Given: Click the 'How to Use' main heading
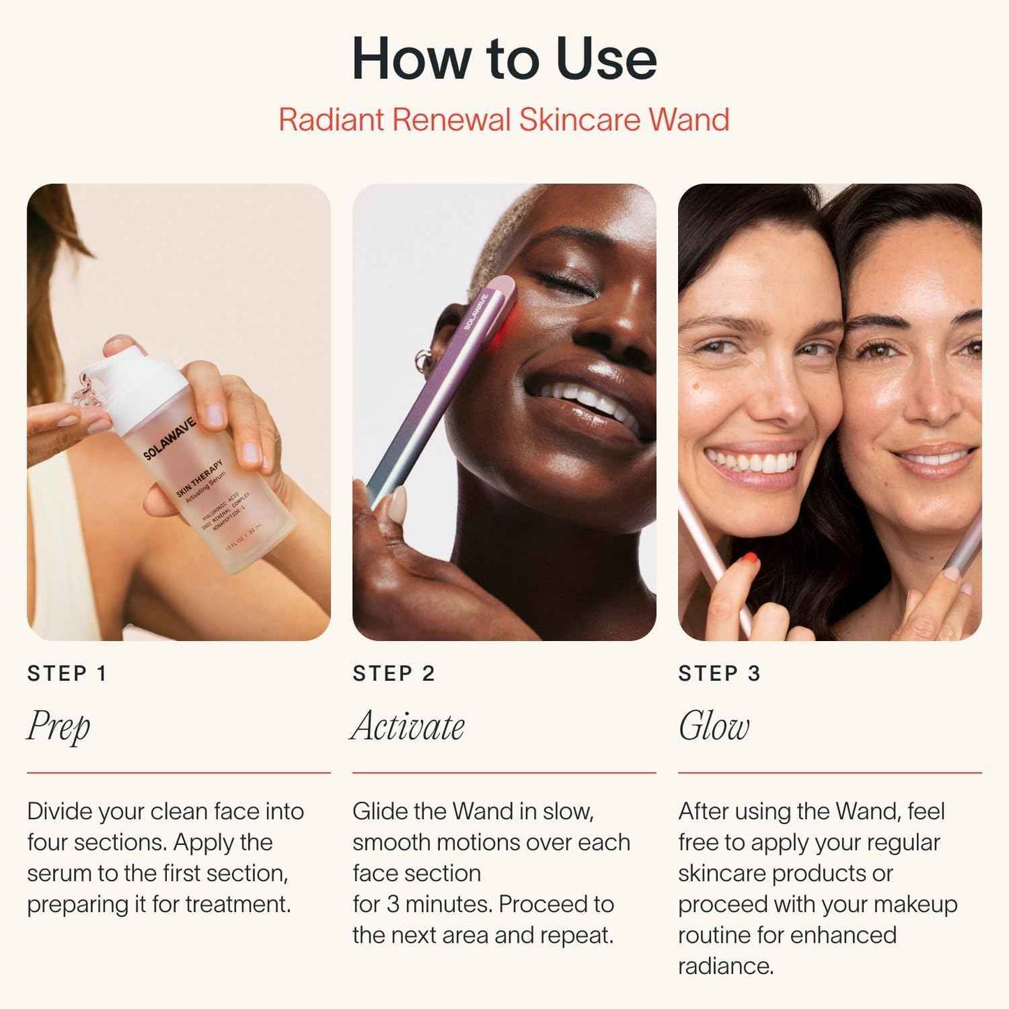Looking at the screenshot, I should (x=504, y=59).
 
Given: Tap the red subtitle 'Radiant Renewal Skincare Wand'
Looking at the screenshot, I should (x=504, y=119).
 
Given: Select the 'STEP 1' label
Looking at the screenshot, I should (x=67, y=673).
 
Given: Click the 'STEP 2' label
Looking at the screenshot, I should (x=394, y=673).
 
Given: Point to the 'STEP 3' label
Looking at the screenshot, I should (x=719, y=673).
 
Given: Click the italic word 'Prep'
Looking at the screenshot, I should (x=59, y=726).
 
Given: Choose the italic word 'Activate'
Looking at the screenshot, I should (x=408, y=726).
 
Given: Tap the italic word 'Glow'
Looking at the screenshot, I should (x=714, y=726).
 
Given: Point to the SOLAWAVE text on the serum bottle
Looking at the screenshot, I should (x=170, y=439).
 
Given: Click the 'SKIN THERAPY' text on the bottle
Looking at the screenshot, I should (x=199, y=478).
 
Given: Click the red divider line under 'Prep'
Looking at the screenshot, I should (x=179, y=773).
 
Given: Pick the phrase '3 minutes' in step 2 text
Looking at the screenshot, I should (x=440, y=904).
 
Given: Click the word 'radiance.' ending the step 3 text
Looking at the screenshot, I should (x=726, y=966).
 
